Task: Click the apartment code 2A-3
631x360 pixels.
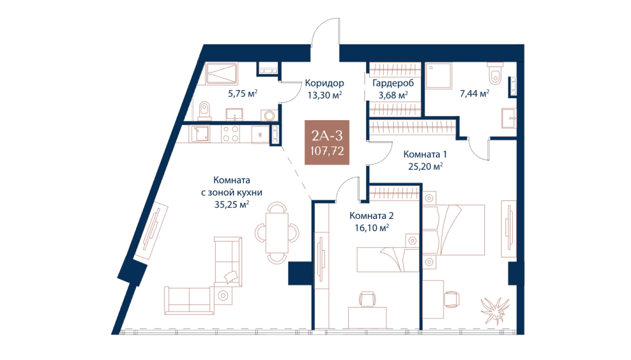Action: point(327,136)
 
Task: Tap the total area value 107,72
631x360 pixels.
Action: point(327,151)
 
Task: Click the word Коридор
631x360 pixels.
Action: point(324,83)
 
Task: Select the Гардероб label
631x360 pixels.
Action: point(393,83)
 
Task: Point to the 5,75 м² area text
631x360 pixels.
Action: point(243,94)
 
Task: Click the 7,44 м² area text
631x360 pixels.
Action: point(474,94)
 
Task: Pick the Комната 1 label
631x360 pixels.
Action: point(425,154)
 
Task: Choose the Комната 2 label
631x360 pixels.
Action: point(372,216)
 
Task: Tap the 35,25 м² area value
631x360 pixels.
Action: point(232,205)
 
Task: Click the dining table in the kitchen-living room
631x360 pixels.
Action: point(277,232)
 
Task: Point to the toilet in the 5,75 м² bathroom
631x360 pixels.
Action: point(205,110)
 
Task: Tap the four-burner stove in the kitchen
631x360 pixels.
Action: point(230,134)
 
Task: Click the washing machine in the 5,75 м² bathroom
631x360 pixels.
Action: point(269,115)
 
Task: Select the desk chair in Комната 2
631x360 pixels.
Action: point(367,299)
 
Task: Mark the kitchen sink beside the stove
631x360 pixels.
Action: point(199,134)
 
